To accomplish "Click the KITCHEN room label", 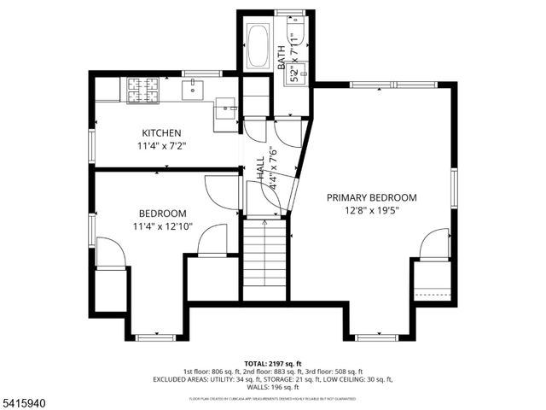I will click(161, 133).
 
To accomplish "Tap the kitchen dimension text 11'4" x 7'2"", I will click(161, 145).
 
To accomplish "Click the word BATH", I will click(282, 58).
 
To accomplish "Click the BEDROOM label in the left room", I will click(162, 214).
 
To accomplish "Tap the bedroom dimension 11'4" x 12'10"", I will click(162, 226).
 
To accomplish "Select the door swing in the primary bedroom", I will click(434, 244).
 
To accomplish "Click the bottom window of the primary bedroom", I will click(376, 337).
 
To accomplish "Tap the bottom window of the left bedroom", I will click(155, 337).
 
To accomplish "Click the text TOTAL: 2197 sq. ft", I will click(272, 363).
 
